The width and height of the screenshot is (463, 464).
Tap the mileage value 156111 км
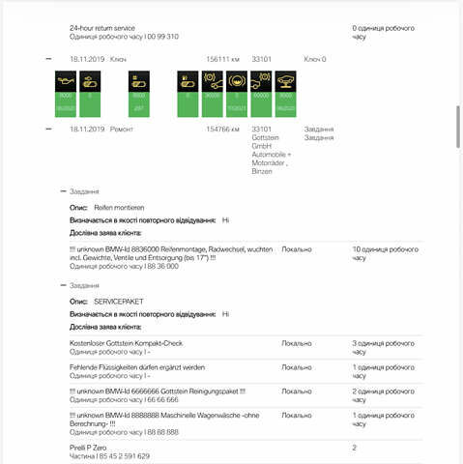(222, 59)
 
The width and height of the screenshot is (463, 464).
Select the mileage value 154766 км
(222, 129)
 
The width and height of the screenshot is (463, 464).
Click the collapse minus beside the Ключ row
(48, 59)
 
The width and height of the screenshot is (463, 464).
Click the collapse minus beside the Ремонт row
(48, 129)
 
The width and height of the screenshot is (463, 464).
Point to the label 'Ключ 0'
(315, 59)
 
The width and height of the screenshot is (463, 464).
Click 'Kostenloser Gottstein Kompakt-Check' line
(126, 343)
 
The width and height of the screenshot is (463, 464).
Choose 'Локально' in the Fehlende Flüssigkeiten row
(297, 367)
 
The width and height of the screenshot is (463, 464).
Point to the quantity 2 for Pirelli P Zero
(355, 448)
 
